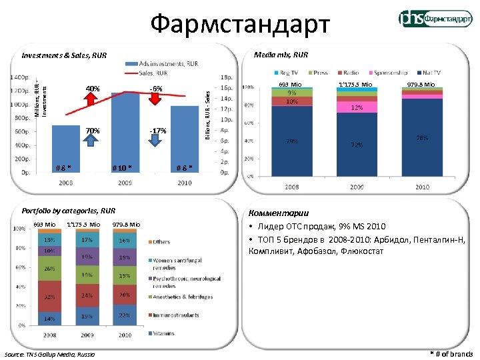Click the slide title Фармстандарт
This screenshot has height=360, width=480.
click(240, 25)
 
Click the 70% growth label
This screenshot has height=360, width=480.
click(93, 131)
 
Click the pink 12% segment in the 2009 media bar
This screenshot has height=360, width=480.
click(357, 107)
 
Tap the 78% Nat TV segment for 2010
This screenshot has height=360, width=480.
click(421, 137)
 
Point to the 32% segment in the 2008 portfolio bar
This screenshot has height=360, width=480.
click(49, 296)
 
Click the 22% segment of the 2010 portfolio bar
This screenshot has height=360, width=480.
click(124, 315)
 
